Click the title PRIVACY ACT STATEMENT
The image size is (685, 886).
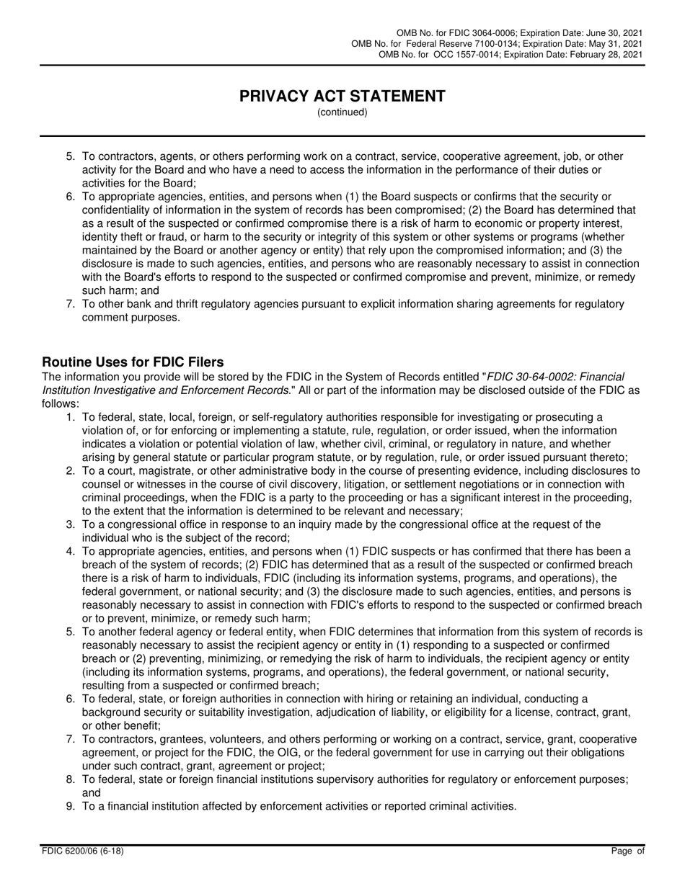pyautogui.click(x=342, y=96)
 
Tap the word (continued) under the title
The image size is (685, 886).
pyautogui.click(x=342, y=112)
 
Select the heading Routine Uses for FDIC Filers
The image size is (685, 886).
pyautogui.click(x=133, y=362)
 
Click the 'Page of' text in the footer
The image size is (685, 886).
pyautogui.click(x=627, y=851)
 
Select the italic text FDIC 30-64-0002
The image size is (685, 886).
pyautogui.click(x=530, y=376)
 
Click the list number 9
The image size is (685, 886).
pyautogui.click(x=71, y=806)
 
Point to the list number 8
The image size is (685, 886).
pyautogui.click(x=71, y=779)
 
